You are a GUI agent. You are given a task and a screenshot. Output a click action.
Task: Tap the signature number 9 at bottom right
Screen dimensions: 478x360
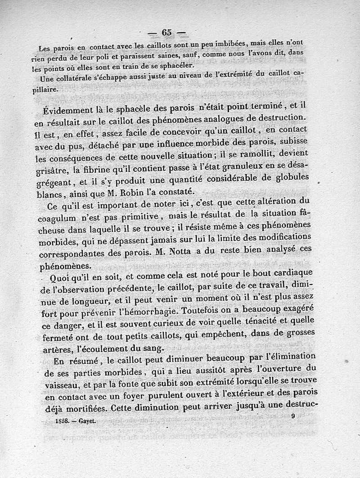(x=293, y=416)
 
